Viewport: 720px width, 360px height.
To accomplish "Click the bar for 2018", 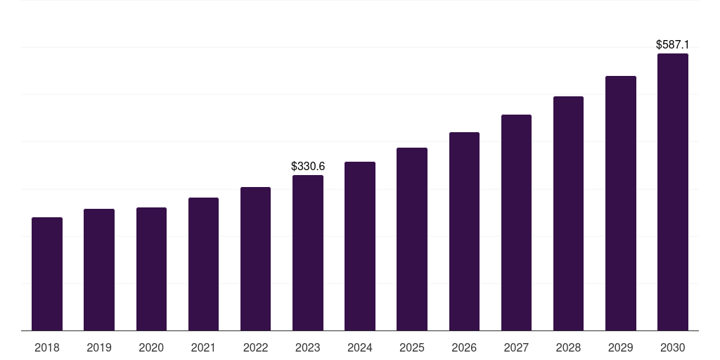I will tap(47, 274).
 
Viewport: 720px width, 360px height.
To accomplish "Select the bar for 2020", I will tap(151, 269).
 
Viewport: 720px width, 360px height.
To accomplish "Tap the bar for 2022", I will tap(255, 259).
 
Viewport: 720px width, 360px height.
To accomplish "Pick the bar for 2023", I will tap(308, 253).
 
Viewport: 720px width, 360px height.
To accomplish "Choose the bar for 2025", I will tap(412, 239).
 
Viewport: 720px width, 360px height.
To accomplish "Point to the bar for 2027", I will tap(516, 223).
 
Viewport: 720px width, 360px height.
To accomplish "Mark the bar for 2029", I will tap(620, 203).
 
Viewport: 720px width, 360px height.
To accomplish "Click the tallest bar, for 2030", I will tap(673, 192).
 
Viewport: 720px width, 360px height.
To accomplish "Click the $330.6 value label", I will tap(308, 167).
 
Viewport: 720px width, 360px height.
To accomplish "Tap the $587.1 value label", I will tap(673, 45).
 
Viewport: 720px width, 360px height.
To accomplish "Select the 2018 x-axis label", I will tap(47, 347).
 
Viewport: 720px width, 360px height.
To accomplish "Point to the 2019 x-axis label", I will tap(99, 347).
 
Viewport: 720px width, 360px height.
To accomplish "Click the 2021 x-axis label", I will tap(203, 347).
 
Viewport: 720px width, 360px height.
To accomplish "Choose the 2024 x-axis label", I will tap(360, 347).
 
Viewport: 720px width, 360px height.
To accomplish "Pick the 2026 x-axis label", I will tap(464, 347).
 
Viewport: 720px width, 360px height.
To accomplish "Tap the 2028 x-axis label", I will tap(568, 347).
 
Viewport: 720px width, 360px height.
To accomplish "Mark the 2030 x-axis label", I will tap(673, 347).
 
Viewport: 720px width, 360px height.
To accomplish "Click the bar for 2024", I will tap(360, 246).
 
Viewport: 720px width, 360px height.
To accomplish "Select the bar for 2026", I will tap(464, 231).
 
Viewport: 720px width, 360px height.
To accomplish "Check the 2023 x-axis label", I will tap(308, 347).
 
